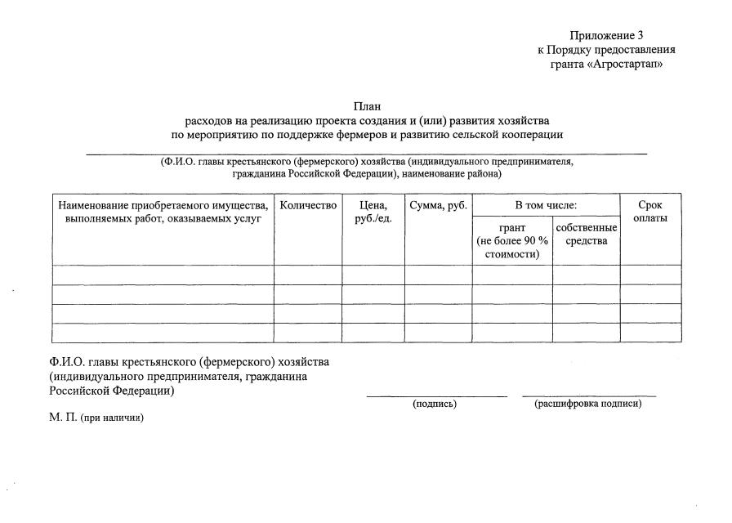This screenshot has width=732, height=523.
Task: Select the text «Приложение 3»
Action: click(x=607, y=35)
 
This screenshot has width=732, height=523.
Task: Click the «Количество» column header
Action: click(x=308, y=206)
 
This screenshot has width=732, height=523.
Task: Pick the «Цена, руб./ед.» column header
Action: click(x=373, y=212)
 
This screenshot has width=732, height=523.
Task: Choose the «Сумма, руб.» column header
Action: click(x=439, y=206)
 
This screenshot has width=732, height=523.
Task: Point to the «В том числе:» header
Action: click(x=546, y=206)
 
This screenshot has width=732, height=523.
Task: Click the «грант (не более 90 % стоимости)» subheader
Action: click(x=512, y=240)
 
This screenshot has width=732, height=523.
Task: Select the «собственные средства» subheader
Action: click(x=586, y=234)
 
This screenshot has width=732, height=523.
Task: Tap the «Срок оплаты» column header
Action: click(x=650, y=212)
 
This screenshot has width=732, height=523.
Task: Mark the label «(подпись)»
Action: click(x=435, y=404)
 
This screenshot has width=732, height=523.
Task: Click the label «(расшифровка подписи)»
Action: click(x=588, y=404)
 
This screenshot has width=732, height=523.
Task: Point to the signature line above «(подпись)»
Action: click(x=436, y=396)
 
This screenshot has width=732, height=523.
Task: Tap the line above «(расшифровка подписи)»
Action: click(x=589, y=396)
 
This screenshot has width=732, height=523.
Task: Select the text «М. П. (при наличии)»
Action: click(x=96, y=418)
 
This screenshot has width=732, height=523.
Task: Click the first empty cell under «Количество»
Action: click(x=308, y=275)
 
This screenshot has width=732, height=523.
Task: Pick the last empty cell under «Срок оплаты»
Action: click(x=650, y=333)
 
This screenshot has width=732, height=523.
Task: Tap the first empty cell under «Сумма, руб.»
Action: click(x=439, y=275)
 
